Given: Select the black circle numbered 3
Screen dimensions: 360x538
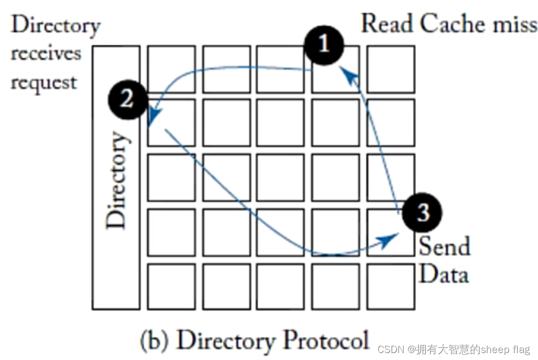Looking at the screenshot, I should pyautogui.click(x=423, y=213).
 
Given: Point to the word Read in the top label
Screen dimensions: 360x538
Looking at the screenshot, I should pyautogui.click(x=387, y=24).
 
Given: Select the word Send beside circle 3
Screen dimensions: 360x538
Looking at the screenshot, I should pyautogui.click(x=444, y=246).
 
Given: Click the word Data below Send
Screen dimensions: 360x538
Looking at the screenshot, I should pyautogui.click(x=443, y=274).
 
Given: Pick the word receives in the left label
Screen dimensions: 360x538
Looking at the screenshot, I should pyautogui.click(x=46, y=54).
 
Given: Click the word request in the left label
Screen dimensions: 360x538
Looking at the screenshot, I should pyautogui.click(x=44, y=83).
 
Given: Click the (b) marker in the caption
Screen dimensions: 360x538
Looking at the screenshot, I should pyautogui.click(x=155, y=341).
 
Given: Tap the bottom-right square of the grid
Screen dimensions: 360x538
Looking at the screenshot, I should pyautogui.click(x=390, y=286).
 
